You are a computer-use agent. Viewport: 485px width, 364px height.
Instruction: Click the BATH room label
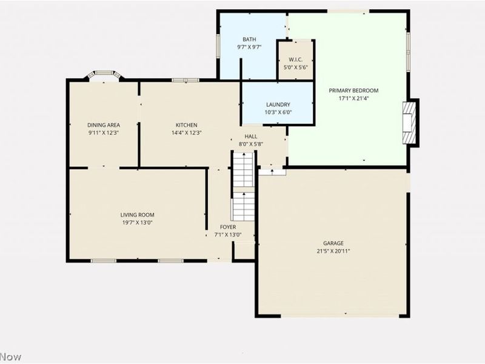coord(249,39)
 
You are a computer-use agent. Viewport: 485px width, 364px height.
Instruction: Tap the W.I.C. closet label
coord(295,59)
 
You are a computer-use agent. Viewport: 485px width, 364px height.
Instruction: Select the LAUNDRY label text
coord(278,104)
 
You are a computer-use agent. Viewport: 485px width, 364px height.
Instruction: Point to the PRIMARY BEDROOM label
coord(353,90)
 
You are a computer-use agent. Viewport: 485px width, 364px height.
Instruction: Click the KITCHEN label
coord(187,125)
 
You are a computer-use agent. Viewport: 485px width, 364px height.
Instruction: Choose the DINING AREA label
coord(104,125)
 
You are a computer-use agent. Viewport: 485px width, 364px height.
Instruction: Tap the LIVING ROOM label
coord(138,215)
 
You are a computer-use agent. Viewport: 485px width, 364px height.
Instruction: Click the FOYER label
coord(228,227)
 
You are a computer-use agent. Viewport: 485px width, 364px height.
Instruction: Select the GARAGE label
coord(333,243)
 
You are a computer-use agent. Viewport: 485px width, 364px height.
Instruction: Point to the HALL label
coord(251,136)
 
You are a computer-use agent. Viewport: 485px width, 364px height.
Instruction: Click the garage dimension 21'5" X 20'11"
coord(333,251)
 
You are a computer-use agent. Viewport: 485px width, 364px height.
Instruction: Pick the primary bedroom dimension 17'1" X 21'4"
coord(353,98)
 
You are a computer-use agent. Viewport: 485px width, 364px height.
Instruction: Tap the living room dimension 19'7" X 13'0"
coord(138,223)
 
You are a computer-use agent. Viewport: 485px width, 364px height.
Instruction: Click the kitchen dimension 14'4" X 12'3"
coord(187,133)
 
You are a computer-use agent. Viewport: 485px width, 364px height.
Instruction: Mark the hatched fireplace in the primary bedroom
coord(409,123)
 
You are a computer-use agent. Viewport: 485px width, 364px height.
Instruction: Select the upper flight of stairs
coord(244,169)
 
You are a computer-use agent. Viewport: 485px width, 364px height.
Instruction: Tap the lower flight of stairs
coord(244,206)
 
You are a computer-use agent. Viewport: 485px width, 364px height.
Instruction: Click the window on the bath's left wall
coord(218,46)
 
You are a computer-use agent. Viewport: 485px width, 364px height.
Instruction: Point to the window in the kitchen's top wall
coord(186,80)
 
